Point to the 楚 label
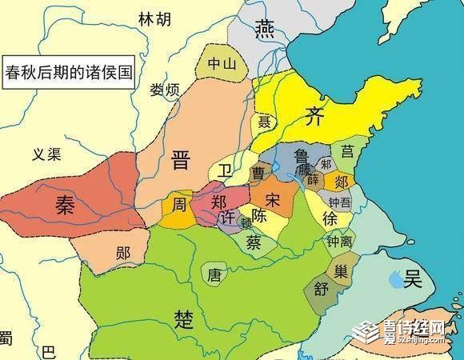(183, 318)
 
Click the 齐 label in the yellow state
(314, 118)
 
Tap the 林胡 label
(155, 18)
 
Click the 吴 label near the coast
(414, 279)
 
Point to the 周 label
(179, 206)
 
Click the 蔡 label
(253, 242)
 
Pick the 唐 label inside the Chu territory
(214, 274)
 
